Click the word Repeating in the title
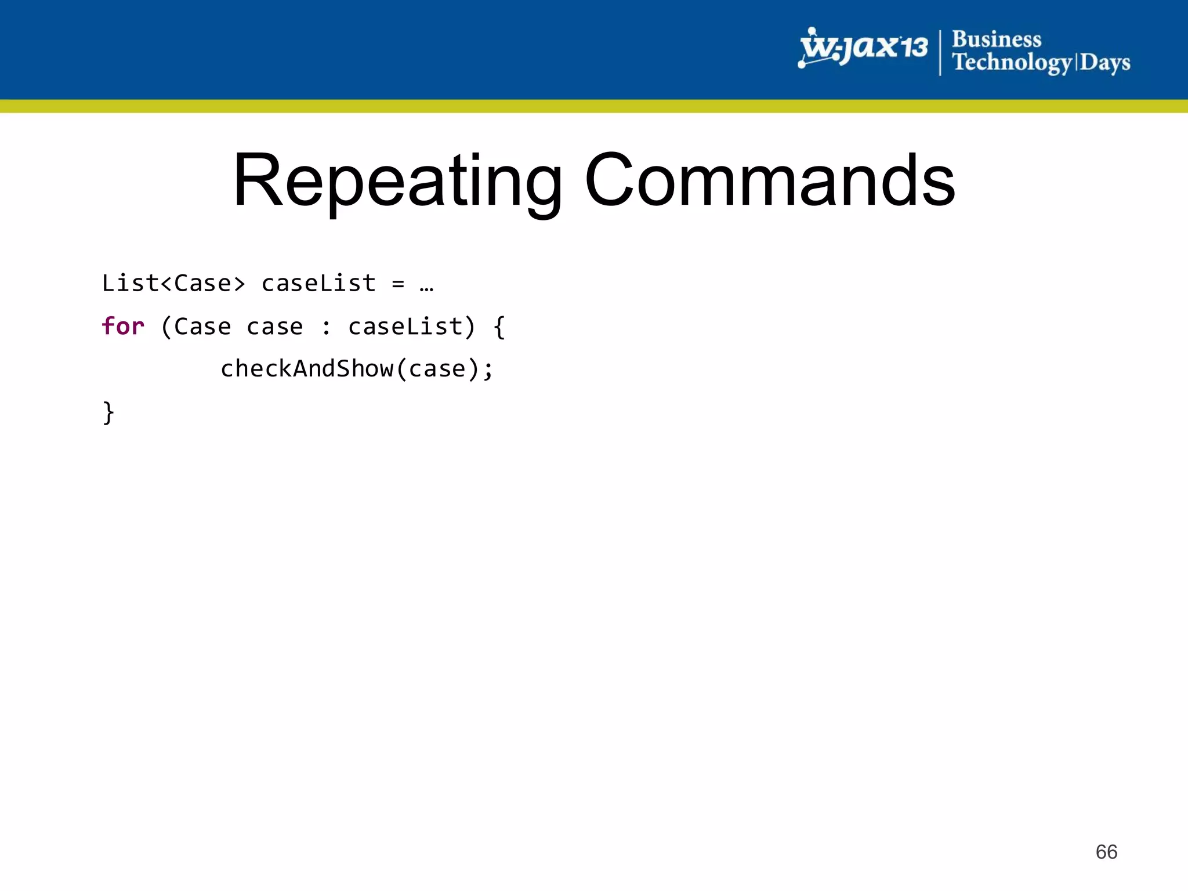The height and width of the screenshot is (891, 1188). coord(398,181)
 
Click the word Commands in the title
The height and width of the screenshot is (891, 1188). coord(770,181)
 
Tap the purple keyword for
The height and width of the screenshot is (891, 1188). coord(123,327)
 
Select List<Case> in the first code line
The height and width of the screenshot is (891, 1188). coord(173,284)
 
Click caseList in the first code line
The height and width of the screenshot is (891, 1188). coord(318,284)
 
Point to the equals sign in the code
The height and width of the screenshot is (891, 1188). coord(398,284)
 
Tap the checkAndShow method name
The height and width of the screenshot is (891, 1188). coord(307,369)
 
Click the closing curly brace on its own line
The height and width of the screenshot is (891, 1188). coord(108,412)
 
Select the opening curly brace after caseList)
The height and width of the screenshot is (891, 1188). coord(499,327)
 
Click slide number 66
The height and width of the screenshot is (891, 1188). coord(1106,852)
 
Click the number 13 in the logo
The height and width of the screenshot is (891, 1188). coord(912,46)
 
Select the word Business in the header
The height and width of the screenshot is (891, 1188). coord(996,39)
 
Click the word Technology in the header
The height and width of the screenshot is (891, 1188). coord(1012,62)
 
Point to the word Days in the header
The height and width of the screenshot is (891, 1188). coord(1104,63)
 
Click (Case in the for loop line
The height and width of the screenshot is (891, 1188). coord(195,327)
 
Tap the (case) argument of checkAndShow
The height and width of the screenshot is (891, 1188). coord(438,369)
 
